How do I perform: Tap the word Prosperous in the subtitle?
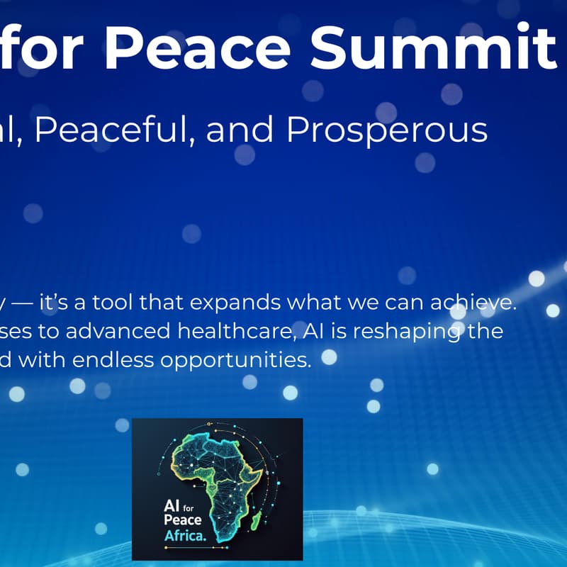pos(387,130)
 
